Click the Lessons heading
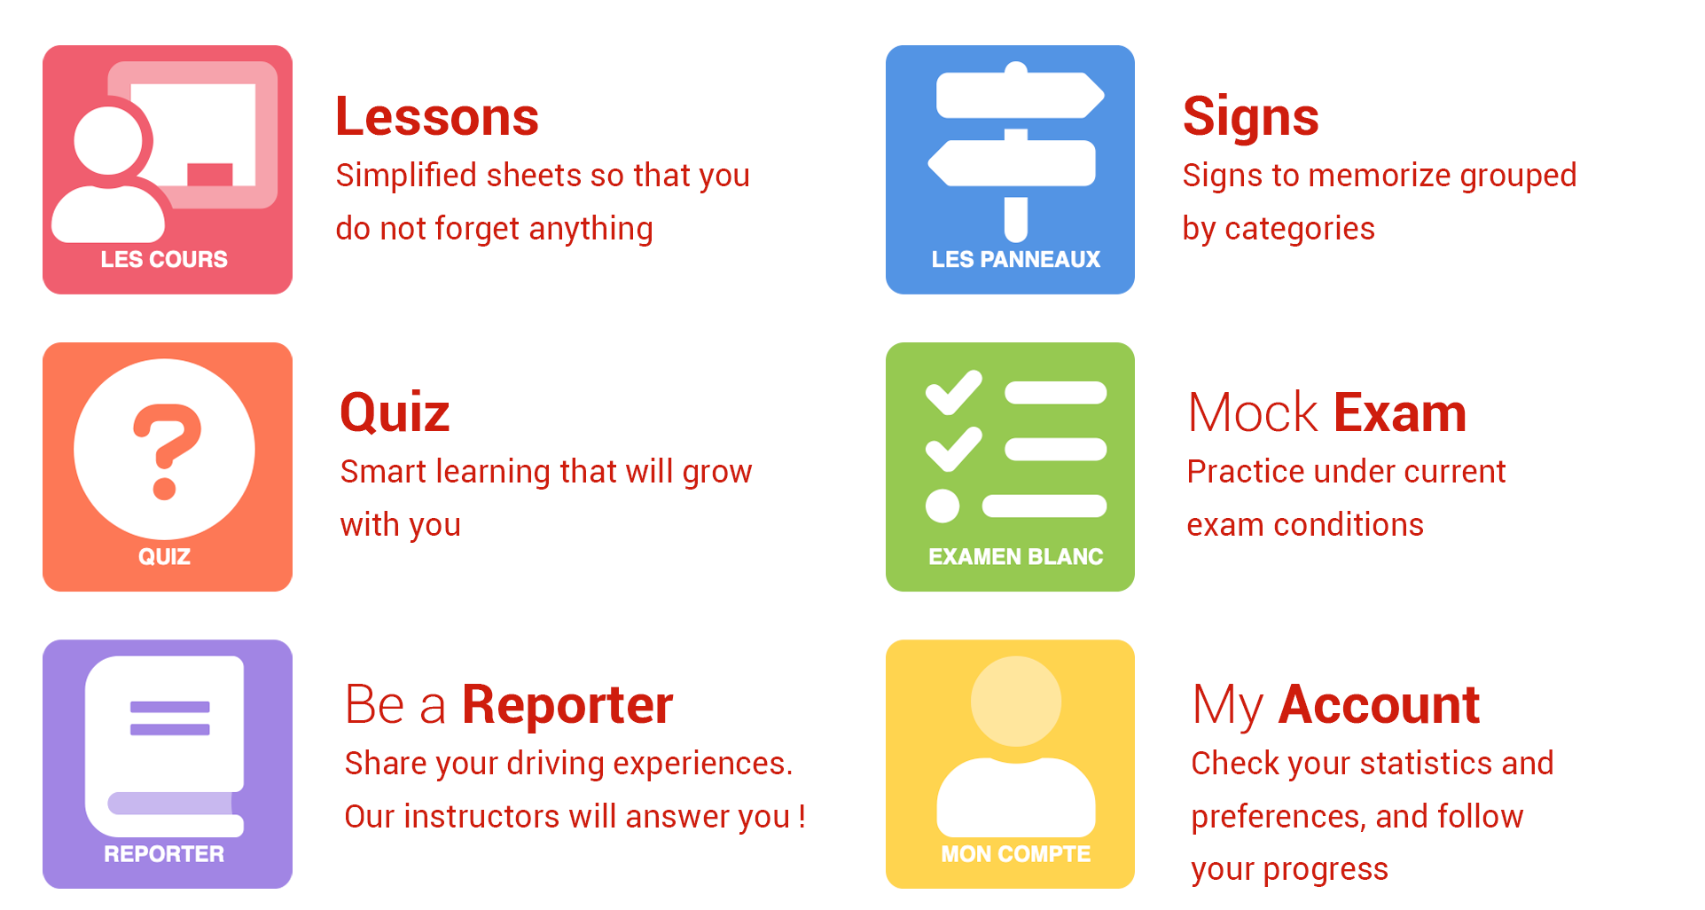pos(437,117)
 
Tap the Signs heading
pos(1250,118)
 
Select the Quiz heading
pos(395,414)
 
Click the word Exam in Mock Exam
pos(1400,413)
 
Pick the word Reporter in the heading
pos(567,707)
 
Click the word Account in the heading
pos(1380,705)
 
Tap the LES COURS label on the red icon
pos(164,260)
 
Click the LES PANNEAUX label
pos(1015,260)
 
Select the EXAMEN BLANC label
pos(1015,557)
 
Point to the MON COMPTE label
pos(1015,854)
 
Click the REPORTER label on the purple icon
pos(164,854)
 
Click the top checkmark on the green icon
pos(953,393)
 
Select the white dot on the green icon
pos(942,506)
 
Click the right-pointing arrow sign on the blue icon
pos(1020,95)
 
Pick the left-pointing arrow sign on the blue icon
pos(1012,163)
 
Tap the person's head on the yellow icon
pos(1016,701)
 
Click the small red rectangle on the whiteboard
pos(210,175)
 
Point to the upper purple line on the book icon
pos(170,707)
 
